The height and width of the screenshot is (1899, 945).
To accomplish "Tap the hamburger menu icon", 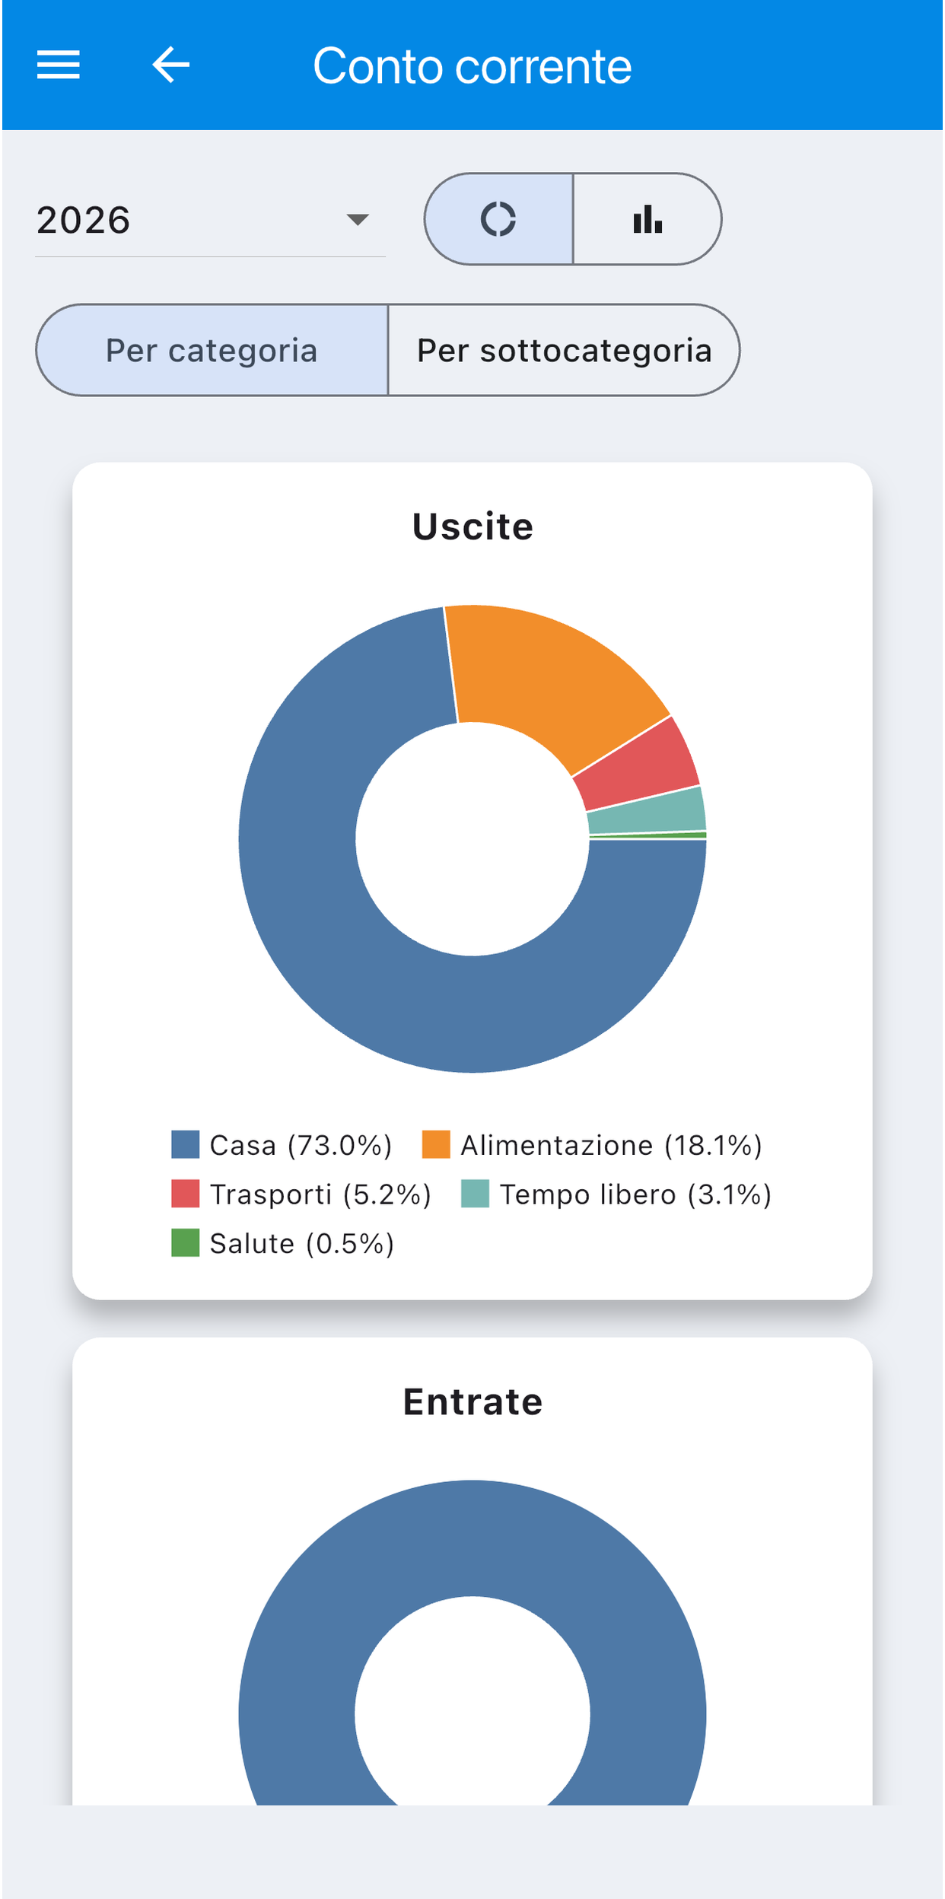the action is point(59,65).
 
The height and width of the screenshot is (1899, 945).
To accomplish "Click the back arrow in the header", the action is point(170,64).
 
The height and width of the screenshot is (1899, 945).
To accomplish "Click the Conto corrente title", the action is point(472,66).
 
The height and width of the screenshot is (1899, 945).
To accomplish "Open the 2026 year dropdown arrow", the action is point(358,220).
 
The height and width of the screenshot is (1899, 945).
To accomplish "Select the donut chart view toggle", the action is point(499,219).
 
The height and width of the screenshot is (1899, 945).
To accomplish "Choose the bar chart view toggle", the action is point(647,219).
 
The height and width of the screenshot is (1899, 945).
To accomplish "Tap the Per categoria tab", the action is point(212,350).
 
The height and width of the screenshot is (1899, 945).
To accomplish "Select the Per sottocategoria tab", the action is point(564,350).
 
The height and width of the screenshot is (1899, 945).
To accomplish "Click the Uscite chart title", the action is point(473,526).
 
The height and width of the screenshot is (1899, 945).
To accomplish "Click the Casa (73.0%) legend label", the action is point(301,1145).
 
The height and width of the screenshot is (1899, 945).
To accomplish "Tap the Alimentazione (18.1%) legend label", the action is point(611,1145).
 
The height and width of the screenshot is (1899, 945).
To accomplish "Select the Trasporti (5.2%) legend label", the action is point(320,1194).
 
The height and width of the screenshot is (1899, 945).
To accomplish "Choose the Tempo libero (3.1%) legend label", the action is point(635,1194).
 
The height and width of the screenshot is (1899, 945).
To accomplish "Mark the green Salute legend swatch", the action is point(185,1243).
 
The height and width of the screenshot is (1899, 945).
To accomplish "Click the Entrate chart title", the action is point(473,1401).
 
